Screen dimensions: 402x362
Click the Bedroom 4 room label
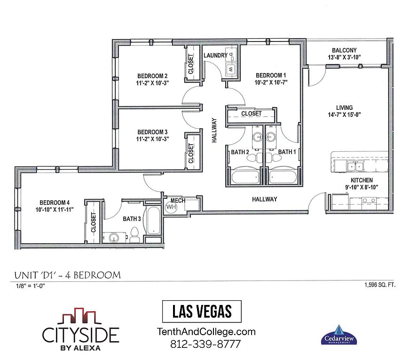pyautogui.click(x=55, y=203)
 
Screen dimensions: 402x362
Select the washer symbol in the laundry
pyautogui.click(x=231, y=69)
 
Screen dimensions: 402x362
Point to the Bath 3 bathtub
pyautogui.click(x=153, y=220)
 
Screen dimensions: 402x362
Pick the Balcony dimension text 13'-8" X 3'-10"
pyautogui.click(x=344, y=57)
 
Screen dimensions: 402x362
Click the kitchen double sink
pyautogui.click(x=355, y=166)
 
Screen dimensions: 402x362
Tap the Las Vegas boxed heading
pyautogui.click(x=202, y=312)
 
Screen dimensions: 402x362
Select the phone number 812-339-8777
pyautogui.click(x=206, y=344)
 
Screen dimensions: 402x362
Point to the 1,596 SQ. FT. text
pyautogui.click(x=380, y=285)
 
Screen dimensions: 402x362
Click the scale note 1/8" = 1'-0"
pyautogui.click(x=30, y=286)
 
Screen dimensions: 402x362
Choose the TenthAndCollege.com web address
pyautogui.click(x=206, y=332)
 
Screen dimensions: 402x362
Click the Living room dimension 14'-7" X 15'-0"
pyautogui.click(x=344, y=115)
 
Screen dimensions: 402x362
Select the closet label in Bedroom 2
pyautogui.click(x=191, y=64)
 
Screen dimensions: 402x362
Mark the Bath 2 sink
pyautogui.click(x=257, y=137)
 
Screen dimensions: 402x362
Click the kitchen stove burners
pyautogui.click(x=369, y=200)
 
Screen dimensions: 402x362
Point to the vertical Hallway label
pyautogui.click(x=214, y=131)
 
